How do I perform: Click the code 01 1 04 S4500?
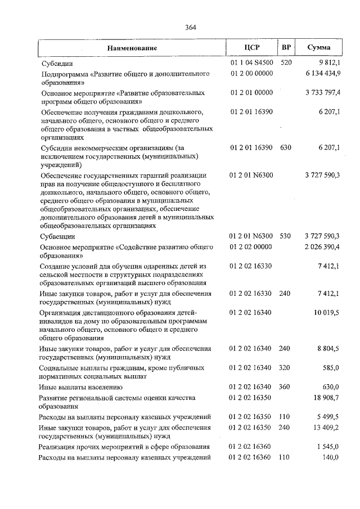251,63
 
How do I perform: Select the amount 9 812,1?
328,63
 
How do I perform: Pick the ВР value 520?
286,63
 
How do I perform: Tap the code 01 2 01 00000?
251,92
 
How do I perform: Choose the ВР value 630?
285,147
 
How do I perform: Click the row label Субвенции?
56,236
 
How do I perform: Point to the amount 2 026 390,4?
323,247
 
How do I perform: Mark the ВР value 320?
285,368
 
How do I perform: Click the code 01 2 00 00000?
251,74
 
